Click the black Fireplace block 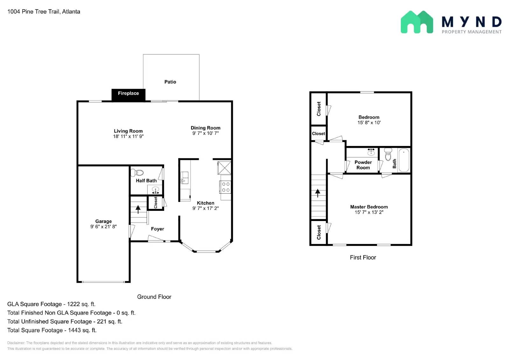coord(128,95)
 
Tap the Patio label coord(170,82)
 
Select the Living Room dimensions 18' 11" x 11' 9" coord(128,136)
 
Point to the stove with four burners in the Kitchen coord(226,187)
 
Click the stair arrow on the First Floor coord(317,193)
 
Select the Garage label coord(103,221)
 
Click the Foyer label coord(157,229)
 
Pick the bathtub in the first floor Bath coord(404,160)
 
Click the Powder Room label coord(363,165)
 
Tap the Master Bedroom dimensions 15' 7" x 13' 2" coord(369,212)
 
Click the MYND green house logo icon coord(417,22)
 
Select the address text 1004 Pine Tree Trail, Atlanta coord(44,12)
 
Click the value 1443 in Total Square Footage coord(74,330)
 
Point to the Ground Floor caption coord(154,297)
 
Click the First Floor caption coord(363,258)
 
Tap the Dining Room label coord(206,128)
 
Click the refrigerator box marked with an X coord(224,168)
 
